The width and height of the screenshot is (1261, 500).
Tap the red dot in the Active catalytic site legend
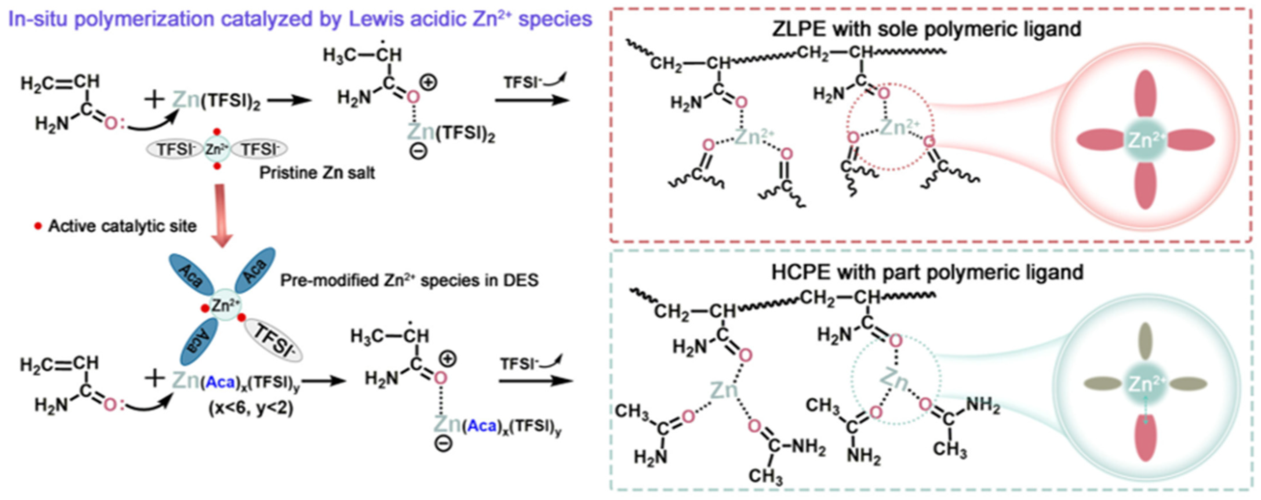(x=38, y=226)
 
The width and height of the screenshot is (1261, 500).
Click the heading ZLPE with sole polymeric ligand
(x=926, y=29)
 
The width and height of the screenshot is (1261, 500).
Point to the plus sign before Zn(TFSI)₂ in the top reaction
(x=155, y=99)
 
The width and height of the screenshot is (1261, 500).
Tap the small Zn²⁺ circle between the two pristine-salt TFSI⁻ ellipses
(x=217, y=149)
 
